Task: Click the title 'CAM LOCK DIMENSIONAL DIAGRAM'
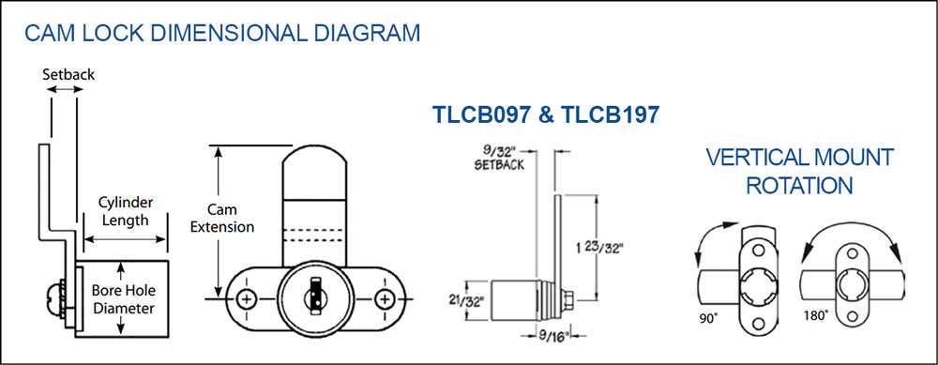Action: [222, 33]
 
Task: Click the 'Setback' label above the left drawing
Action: [68, 75]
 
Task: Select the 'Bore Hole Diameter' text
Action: [124, 299]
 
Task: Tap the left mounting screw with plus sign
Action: [246, 298]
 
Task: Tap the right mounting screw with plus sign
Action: [384, 298]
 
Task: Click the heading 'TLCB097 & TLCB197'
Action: [546, 114]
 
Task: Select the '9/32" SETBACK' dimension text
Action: [499, 157]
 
